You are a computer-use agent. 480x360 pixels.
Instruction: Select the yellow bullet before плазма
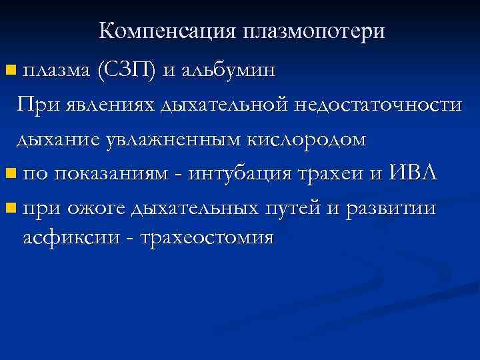pos(9,69)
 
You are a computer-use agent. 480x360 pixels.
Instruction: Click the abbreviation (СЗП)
pos(126,69)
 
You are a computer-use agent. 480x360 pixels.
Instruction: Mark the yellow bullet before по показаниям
pos(9,174)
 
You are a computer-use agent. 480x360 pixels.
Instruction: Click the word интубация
pos(244,174)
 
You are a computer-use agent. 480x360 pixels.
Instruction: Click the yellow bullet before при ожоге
pos(9,209)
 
